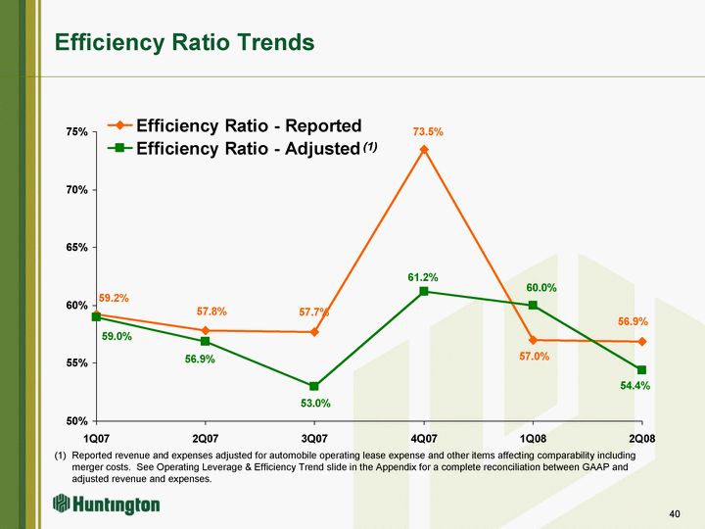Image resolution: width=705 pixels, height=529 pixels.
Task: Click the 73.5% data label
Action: point(428,132)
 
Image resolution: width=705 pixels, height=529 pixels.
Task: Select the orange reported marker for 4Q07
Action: point(424,150)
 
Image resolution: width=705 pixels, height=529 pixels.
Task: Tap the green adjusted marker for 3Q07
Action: point(314,387)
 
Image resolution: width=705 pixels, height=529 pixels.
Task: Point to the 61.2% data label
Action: point(423,278)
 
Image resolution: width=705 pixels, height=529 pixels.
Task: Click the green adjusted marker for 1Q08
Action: point(533,305)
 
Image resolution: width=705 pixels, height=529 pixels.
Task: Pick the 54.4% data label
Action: point(635,386)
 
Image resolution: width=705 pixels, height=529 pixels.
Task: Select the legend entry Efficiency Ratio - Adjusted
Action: point(247,148)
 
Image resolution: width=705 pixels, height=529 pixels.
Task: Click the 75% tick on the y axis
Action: point(77,131)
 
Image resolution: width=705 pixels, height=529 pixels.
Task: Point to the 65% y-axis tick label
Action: point(77,247)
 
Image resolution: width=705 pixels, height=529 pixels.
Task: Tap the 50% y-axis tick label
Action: point(77,421)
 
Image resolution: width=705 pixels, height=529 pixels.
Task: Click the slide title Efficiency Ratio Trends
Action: point(185,42)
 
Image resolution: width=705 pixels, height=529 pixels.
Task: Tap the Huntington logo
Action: point(107,505)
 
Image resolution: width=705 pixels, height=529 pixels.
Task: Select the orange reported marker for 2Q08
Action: point(641,342)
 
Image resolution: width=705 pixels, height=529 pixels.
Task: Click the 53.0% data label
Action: point(315,404)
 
